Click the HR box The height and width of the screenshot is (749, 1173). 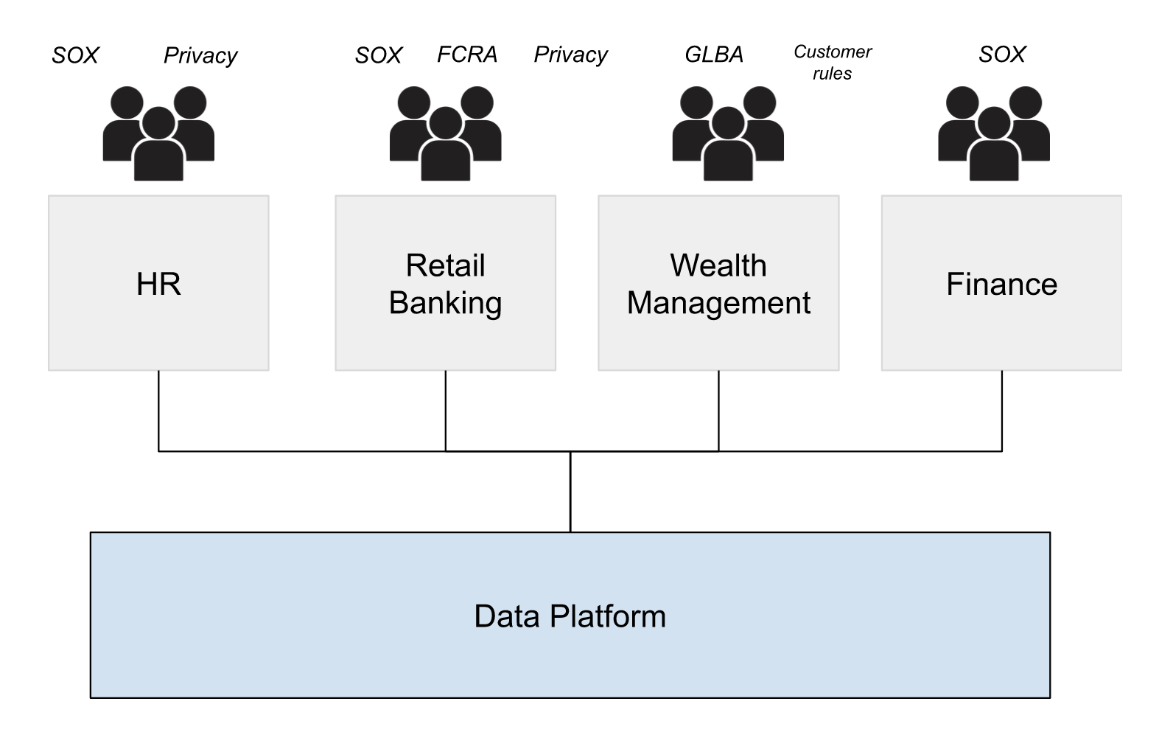tap(158, 283)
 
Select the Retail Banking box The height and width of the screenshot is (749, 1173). tap(445, 283)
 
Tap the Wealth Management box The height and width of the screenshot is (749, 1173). tap(718, 283)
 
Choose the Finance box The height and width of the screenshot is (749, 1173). tap(1001, 283)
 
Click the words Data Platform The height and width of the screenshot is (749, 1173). tap(570, 616)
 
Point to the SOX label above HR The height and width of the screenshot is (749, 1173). tap(75, 55)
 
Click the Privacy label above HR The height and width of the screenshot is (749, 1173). tap(200, 56)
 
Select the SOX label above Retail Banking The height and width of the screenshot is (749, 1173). tap(378, 55)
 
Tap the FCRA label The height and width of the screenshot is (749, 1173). tap(467, 55)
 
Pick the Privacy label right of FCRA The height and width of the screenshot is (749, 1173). tap(570, 55)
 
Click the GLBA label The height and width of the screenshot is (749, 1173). tap(714, 55)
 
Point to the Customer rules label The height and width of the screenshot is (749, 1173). tap(833, 63)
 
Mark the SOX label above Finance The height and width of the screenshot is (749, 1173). tap(1002, 54)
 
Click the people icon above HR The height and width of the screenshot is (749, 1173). tap(158, 133)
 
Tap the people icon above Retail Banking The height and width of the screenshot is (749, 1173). tap(445, 133)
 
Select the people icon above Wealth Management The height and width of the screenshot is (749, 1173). tap(728, 133)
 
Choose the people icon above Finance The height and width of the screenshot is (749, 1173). tap(993, 133)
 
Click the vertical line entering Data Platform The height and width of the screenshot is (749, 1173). tap(570, 492)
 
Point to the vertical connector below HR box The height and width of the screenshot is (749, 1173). tap(158, 410)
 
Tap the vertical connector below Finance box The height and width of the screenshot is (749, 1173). tap(1002, 410)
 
